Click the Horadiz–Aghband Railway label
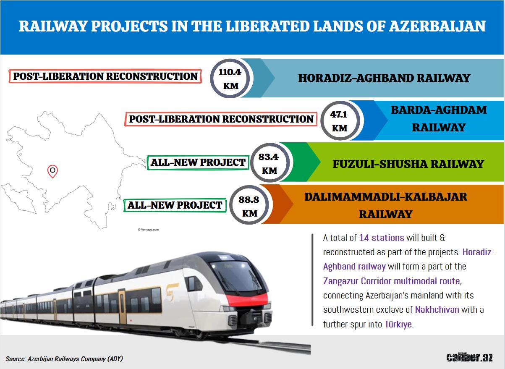click(384, 78)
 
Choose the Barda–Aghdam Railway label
click(439, 119)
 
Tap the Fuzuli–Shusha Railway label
click(408, 164)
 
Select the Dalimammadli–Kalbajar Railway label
click(386, 205)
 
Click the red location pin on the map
click(52, 171)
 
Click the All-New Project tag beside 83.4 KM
click(198, 162)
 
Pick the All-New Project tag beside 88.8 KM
click(175, 205)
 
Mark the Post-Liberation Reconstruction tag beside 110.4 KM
click(105, 76)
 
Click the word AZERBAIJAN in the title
click(437, 26)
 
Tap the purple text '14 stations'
click(382, 238)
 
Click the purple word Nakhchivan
click(437, 310)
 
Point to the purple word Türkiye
click(398, 324)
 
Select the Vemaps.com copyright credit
click(148, 230)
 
